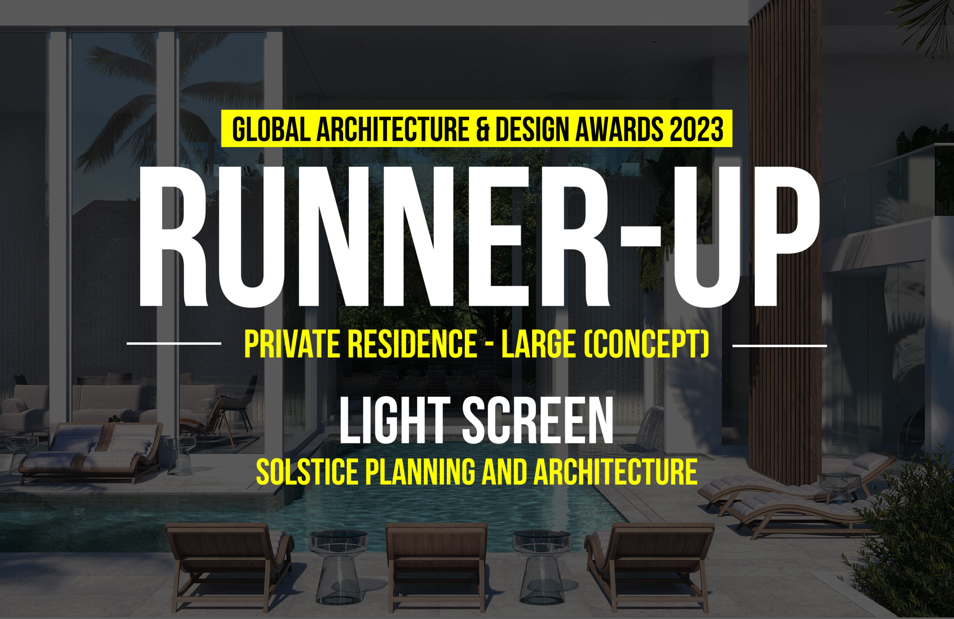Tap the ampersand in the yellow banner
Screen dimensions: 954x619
click(483, 129)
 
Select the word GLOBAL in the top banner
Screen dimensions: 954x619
click(271, 129)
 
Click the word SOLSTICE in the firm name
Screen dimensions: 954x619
click(307, 472)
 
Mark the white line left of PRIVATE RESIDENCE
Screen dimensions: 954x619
click(174, 344)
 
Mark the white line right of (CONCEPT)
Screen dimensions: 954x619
click(780, 345)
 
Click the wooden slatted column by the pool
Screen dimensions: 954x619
click(785, 240)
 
